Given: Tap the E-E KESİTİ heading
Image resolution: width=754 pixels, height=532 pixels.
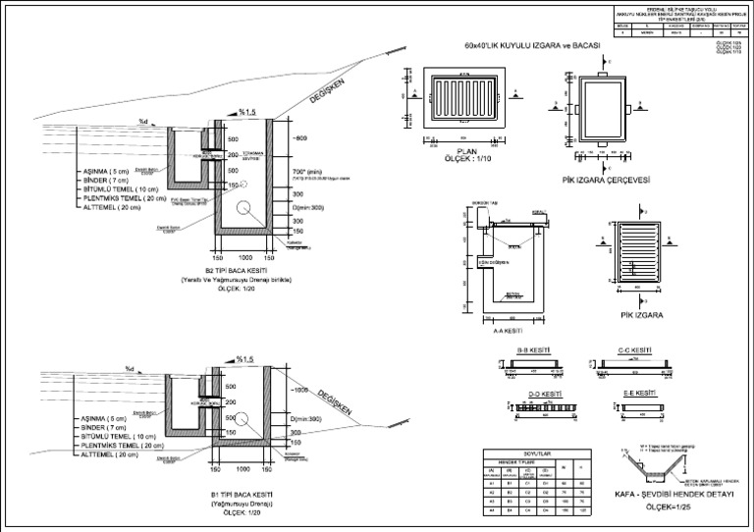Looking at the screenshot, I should coord(639,394).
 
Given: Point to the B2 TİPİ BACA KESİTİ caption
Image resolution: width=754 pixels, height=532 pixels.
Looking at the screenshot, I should coord(239,269).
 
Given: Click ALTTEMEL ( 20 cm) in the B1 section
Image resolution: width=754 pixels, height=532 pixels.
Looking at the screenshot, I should coord(116,455).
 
